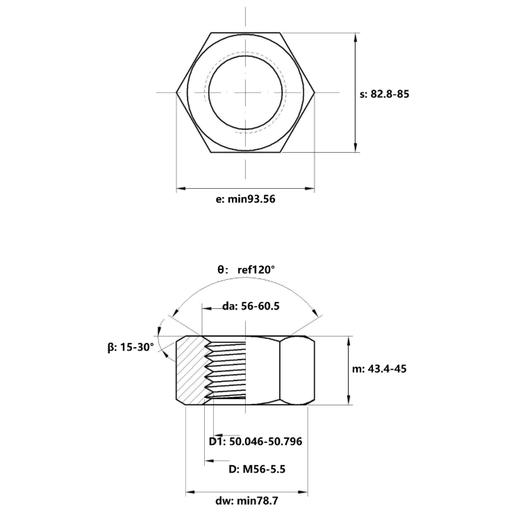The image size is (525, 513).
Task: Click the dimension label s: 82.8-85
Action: click(385, 93)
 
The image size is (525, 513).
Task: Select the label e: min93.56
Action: click(246, 199)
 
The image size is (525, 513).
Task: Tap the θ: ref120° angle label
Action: click(247, 269)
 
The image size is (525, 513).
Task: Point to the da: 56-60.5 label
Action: click(250, 306)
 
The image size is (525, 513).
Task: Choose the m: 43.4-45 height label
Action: click(379, 369)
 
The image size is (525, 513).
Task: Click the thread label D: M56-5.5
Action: click(258, 469)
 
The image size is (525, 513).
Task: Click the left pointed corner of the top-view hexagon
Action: click(176, 92)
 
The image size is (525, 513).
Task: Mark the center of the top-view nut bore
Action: click(245, 92)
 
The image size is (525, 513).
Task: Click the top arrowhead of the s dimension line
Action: click(356, 36)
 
